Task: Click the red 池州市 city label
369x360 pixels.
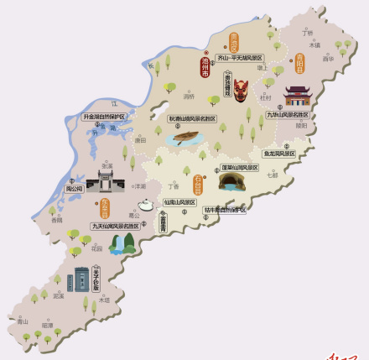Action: [205, 66]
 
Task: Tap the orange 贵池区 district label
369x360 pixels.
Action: [234, 42]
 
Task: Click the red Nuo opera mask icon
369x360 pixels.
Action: [241, 89]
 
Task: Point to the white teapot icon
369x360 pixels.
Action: [146, 204]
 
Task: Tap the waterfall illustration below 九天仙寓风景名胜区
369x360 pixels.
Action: [124, 243]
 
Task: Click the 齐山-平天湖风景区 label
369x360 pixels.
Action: [240, 58]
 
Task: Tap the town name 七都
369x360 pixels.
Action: [272, 175]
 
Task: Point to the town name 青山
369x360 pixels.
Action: [23, 321]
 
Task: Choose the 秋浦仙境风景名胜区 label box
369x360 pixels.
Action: [192, 119]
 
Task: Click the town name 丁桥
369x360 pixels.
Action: [307, 34]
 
